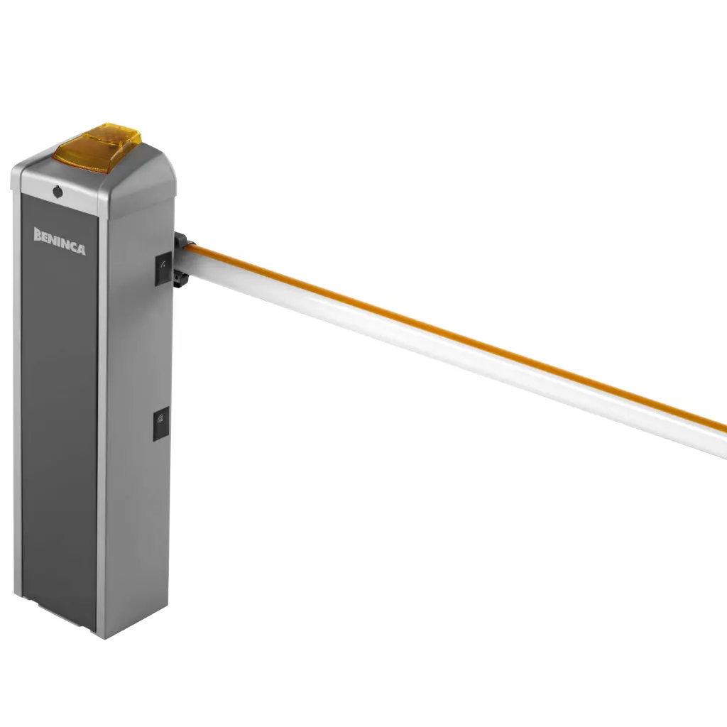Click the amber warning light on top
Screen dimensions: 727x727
pos(99,149)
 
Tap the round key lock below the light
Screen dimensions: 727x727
pos(57,191)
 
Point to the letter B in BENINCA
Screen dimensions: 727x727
pos(38,234)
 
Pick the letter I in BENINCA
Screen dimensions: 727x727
pos(62,243)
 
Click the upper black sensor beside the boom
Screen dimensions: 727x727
pos(163,268)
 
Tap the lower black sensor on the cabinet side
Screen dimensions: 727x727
pos(161,425)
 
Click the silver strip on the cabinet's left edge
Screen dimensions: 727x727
pos(16,390)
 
